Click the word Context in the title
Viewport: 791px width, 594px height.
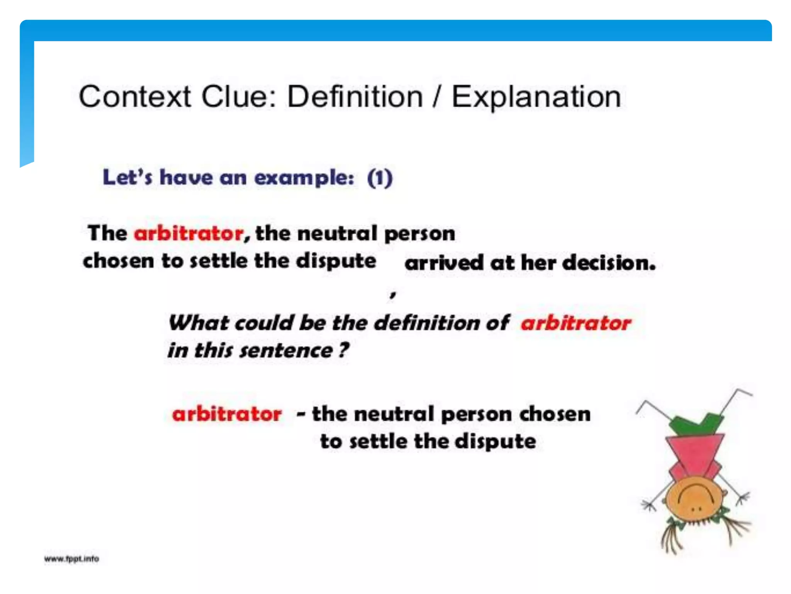[135, 97]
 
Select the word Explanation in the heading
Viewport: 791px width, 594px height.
[536, 97]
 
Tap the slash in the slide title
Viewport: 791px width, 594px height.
[436, 97]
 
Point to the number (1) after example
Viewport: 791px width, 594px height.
[380, 178]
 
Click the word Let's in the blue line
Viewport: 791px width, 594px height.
[127, 178]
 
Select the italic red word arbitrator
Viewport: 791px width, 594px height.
[576, 323]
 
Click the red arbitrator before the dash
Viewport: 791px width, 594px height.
[227, 414]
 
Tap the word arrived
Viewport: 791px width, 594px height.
[444, 263]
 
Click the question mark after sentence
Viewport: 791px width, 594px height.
[343, 350]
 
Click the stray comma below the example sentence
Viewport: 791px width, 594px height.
[393, 295]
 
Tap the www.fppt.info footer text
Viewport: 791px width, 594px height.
[71, 559]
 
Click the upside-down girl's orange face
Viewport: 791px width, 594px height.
[694, 499]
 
